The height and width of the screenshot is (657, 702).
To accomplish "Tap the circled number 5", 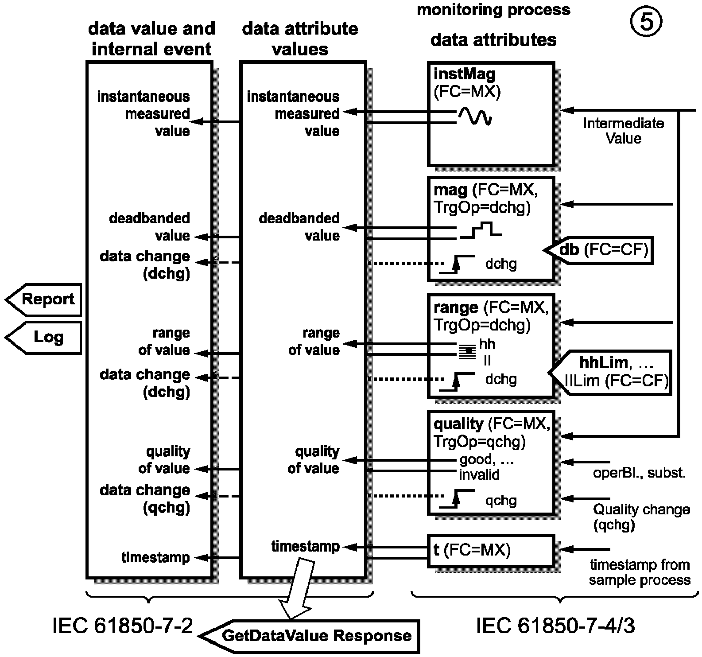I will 646,23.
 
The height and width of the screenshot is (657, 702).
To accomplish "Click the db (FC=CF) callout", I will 602,250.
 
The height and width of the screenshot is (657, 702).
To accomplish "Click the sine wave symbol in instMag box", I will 475,116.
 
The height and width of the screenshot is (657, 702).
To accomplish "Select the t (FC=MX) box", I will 491,551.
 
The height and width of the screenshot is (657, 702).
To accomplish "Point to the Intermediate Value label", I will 623,131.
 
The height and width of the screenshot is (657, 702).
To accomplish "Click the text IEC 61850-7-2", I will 123,626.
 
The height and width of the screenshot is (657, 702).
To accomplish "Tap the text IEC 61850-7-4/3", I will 555,626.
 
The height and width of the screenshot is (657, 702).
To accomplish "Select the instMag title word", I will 464,74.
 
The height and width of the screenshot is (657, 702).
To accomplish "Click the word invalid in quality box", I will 479,475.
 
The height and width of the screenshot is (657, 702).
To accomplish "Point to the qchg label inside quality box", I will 501,500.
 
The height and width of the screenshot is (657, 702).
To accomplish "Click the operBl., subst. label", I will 639,473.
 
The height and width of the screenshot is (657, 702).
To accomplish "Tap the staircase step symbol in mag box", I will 481,230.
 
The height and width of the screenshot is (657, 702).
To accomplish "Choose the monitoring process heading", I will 493,10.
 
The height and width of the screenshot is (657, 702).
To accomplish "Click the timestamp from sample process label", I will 640,572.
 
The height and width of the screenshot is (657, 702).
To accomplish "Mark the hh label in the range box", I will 487,344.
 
